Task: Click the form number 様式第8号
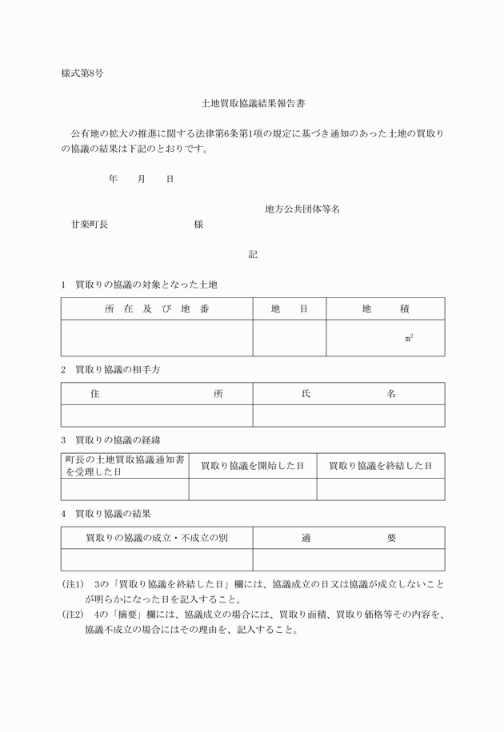coord(82,74)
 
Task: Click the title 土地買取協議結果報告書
coord(253,104)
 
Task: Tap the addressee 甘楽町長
coord(90,225)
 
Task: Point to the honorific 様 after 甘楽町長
coord(198,225)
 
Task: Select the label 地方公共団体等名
coord(302,209)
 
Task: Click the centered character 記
coord(253,255)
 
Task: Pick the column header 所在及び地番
coord(157,309)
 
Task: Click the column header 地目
coord(289,309)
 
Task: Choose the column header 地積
coord(386,309)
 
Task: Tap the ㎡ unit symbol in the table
coord(409,339)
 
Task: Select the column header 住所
coord(157,394)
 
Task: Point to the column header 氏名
coord(348,394)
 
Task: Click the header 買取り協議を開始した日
coord(252,465)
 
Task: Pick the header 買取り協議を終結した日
coord(380,465)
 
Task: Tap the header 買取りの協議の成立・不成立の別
coord(157,538)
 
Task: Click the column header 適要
coord(348,538)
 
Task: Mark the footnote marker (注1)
coord(74,584)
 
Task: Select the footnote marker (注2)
coord(74,615)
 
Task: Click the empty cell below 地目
coord(289,338)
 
